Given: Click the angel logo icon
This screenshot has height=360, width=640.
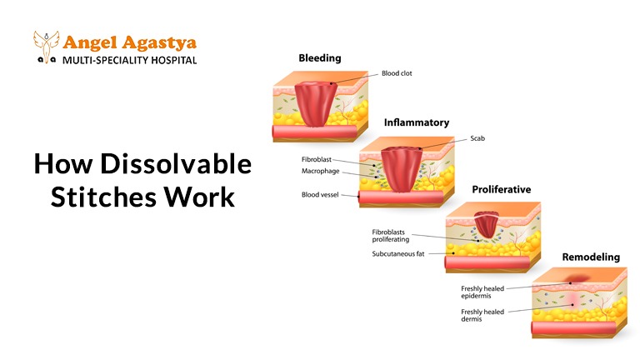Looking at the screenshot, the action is point(46,47).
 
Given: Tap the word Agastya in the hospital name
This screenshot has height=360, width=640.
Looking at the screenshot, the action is point(160,43).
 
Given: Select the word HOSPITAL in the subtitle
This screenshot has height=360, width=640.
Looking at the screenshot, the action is point(174,60).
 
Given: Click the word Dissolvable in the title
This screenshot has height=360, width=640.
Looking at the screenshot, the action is point(176,163).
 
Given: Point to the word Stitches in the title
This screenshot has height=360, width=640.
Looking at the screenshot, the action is point(103,197).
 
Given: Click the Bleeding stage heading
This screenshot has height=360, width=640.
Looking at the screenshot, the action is point(320,58).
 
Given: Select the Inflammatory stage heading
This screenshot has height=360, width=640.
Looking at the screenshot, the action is point(417,122).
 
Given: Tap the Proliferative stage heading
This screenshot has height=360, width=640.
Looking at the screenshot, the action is point(501,189).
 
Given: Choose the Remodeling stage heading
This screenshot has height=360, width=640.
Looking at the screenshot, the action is point(591,257).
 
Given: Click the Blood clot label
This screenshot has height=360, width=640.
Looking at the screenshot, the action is point(397,73).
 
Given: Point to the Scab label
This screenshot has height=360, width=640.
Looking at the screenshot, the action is point(477,138).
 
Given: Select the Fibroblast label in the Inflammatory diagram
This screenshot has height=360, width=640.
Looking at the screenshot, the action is point(317,160).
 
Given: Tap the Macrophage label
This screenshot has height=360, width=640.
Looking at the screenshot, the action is point(320,171).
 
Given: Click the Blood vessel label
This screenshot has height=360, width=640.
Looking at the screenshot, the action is point(320,195).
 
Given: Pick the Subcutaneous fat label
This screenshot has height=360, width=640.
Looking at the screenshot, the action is point(398,254).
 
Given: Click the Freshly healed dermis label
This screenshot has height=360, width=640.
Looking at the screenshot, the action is point(482,315).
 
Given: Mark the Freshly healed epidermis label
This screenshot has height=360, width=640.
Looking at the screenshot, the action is point(482,292).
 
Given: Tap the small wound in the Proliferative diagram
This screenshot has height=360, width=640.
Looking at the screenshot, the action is point(486,224).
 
